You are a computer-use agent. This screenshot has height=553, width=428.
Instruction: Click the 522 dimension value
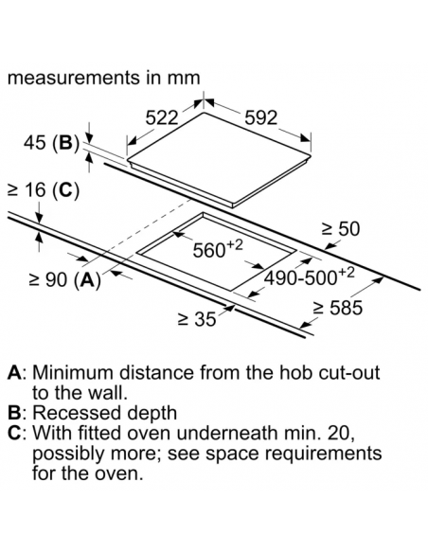coord(162,117)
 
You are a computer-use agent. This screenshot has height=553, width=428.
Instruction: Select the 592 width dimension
coord(261,117)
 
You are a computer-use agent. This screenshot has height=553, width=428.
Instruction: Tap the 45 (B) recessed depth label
coord(52,143)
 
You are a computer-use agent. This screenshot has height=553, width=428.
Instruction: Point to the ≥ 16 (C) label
coord(44,190)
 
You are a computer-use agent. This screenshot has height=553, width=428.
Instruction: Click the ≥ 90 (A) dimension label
coord(65,280)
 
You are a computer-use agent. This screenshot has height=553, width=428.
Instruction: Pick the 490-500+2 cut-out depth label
coord(310,276)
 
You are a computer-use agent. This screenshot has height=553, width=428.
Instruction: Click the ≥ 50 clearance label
coord(341,228)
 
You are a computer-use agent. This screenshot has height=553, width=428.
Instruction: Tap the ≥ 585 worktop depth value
coord(338,308)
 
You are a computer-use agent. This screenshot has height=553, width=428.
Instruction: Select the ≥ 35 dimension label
coord(197,319)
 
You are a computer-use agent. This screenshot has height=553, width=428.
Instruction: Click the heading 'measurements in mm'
coord(103,78)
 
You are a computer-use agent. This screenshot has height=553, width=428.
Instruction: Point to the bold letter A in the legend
coord(15,373)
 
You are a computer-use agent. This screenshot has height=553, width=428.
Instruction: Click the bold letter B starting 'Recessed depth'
coord(14,413)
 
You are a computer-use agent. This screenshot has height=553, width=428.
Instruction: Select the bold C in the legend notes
coord(14,433)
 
